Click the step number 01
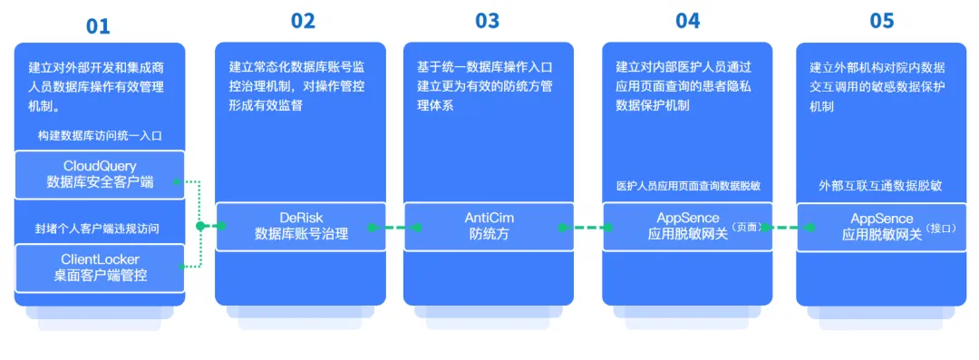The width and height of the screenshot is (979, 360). point(98,26)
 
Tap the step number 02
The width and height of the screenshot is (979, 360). point(303,21)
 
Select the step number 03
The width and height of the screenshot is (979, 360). point(488,21)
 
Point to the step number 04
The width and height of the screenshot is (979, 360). point(687,21)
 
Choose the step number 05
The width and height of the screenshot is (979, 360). point(881,21)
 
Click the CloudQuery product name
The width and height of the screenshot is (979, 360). point(100,166)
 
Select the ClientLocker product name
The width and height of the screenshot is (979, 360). point(100,259)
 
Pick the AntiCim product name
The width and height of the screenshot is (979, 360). point(489,218)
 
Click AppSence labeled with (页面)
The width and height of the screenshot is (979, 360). point(688,218)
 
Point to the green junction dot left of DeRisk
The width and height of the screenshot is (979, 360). point(199,226)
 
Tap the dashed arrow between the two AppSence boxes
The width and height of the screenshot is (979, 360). point(785,227)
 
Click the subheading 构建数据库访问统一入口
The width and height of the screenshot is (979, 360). point(100,135)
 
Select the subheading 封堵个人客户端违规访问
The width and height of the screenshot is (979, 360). point(100,228)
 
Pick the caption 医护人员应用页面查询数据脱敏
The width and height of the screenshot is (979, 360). point(688,186)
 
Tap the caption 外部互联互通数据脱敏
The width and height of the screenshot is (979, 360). point(881,186)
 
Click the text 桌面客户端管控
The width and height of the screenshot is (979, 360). point(100,276)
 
